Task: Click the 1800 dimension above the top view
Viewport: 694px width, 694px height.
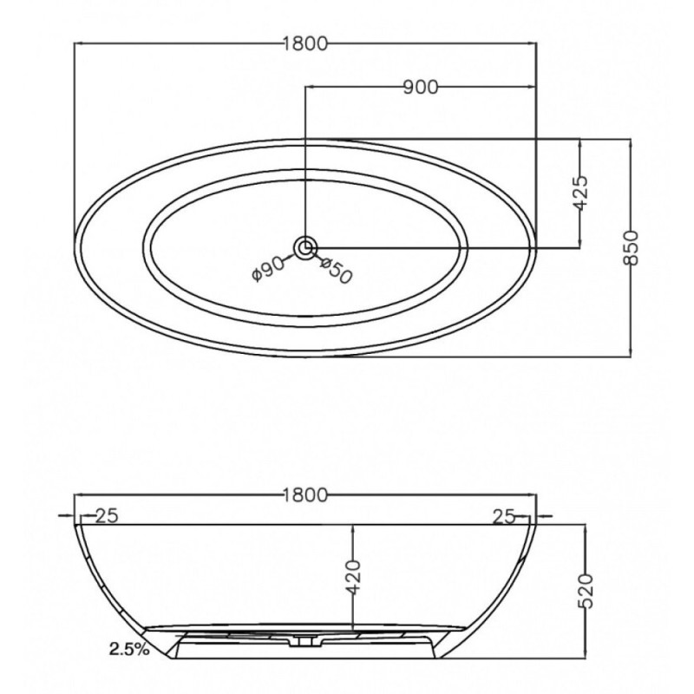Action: coord(305,43)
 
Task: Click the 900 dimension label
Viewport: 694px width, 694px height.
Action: coord(421,88)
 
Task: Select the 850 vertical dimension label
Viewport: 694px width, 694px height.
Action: coord(632,247)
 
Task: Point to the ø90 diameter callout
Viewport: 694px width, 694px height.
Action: coord(269,268)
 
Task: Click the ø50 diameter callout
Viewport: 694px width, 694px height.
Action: coord(336,270)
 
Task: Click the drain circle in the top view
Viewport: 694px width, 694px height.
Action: coord(305,248)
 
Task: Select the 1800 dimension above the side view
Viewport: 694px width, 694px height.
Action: coord(305,494)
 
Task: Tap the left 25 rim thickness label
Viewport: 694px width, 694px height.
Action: coord(107,515)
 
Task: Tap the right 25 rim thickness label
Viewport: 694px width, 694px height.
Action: coord(505,516)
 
